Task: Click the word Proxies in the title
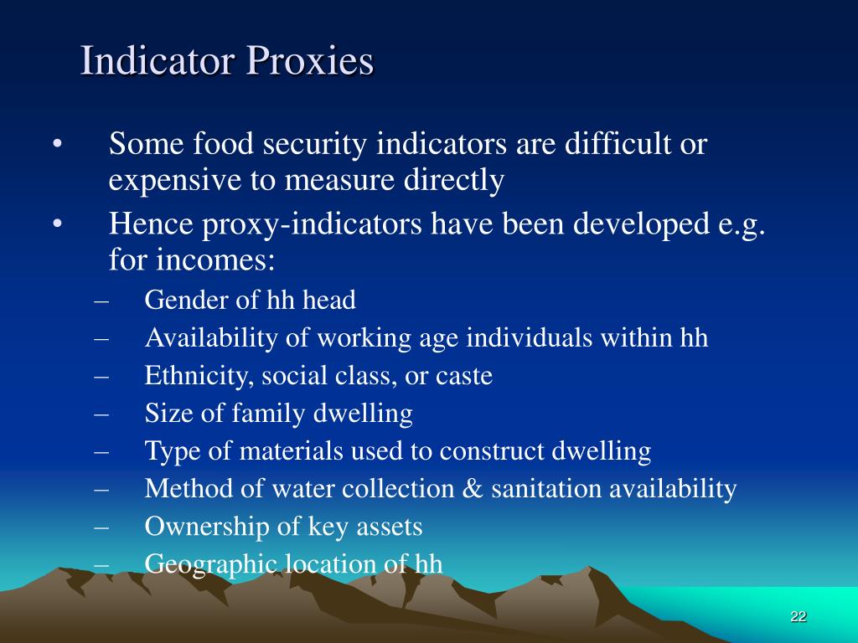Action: (309, 62)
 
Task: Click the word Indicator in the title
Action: (157, 62)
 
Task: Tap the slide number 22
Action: (798, 617)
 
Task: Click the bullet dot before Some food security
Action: (57, 145)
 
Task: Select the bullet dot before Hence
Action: (57, 224)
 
